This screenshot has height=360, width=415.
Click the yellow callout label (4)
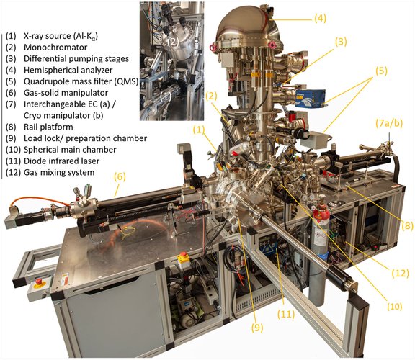(320, 19)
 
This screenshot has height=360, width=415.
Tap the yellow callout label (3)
(341, 42)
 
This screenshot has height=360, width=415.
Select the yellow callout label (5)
(381, 71)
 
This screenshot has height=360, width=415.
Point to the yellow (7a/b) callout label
(389, 124)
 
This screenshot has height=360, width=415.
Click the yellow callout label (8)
(407, 225)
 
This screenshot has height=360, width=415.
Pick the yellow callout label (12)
(400, 273)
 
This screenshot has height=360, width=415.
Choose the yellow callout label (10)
(395, 306)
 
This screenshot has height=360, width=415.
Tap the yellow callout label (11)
(286, 314)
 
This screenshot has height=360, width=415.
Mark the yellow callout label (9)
(257, 328)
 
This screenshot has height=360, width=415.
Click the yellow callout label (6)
(120, 176)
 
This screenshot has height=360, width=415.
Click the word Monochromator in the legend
(55, 48)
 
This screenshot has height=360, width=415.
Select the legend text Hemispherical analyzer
(68, 70)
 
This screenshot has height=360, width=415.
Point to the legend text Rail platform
(48, 127)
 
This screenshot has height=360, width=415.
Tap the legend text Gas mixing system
(59, 173)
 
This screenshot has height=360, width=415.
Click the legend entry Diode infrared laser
(61, 161)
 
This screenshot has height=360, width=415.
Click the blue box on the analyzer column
(311, 99)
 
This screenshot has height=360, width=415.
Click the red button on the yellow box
(182, 256)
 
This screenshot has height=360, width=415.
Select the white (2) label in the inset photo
(173, 42)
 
